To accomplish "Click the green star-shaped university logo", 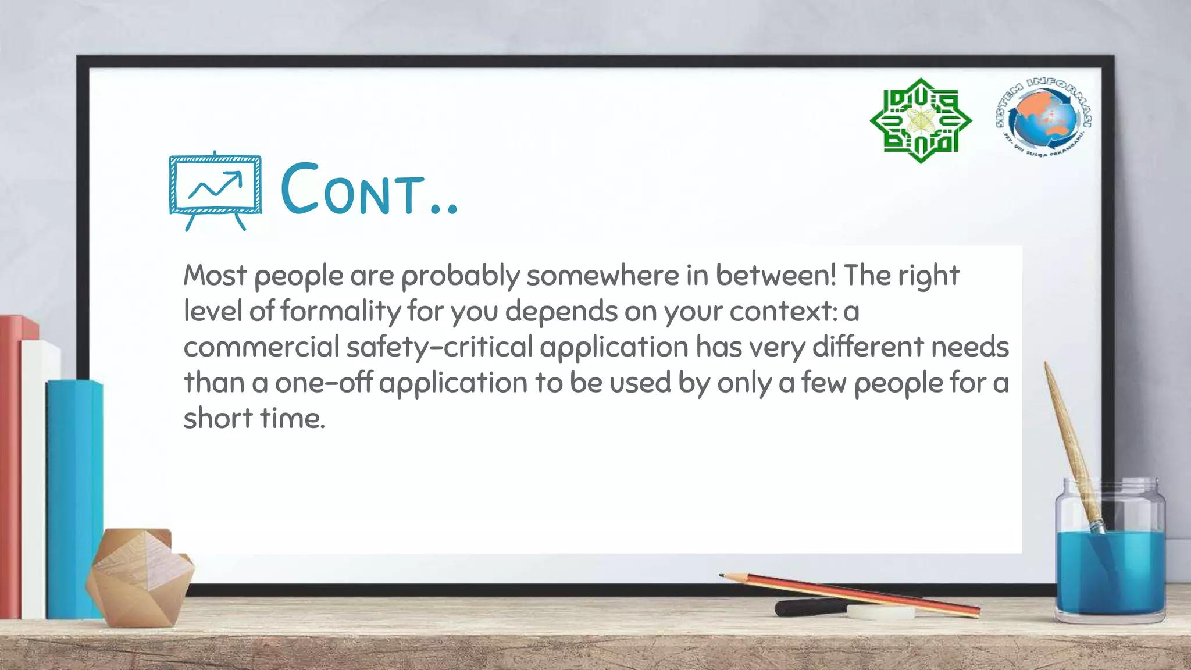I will [x=920, y=121].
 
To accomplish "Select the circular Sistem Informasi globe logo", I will [x=1043, y=119].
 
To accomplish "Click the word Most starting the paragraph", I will [x=215, y=275].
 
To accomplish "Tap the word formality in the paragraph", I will [x=341, y=312].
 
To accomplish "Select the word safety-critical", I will [x=440, y=347].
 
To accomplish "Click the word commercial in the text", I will [x=261, y=347].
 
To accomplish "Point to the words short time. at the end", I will [x=254, y=418].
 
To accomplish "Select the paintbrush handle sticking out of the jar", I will [x=1067, y=430].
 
